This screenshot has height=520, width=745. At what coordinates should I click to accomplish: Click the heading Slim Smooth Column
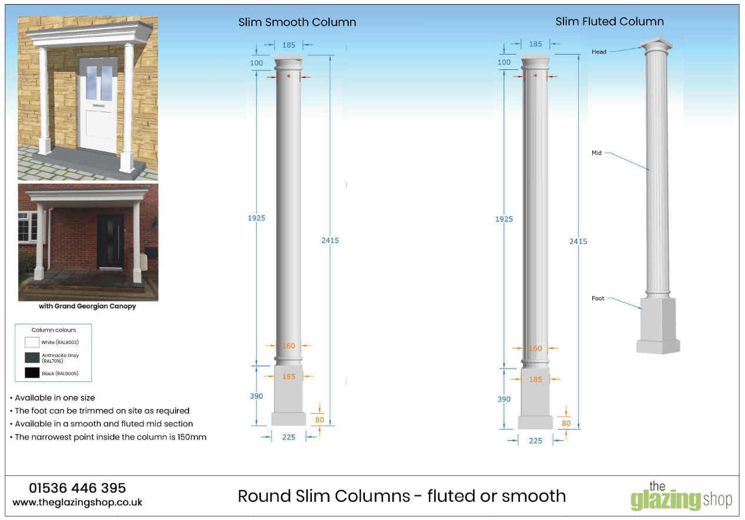tap(297, 23)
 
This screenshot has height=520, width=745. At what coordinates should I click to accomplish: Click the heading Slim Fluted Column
tap(609, 22)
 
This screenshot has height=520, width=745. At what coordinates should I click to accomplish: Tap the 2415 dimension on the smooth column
tap(330, 240)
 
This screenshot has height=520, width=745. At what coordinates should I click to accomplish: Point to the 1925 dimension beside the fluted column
tap(504, 219)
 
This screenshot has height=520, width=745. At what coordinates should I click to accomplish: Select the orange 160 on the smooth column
tap(288, 346)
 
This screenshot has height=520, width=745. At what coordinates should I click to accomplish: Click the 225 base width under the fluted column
tap(535, 440)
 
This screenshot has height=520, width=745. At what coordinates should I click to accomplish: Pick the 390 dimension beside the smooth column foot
tap(256, 396)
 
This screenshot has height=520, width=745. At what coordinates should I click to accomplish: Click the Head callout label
tap(599, 52)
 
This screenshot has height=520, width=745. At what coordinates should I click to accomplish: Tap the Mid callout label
tap(596, 153)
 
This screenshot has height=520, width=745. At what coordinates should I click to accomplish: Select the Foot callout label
tap(598, 299)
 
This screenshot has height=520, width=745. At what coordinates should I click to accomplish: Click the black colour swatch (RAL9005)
tap(32, 373)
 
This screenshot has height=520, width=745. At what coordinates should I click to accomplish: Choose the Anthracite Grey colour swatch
tap(32, 357)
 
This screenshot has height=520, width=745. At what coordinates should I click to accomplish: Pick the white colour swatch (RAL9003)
tap(32, 342)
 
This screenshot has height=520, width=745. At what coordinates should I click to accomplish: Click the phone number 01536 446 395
tap(77, 488)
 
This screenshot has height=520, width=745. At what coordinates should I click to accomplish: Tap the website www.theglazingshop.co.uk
tap(77, 502)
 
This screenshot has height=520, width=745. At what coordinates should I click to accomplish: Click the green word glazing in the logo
tap(666, 501)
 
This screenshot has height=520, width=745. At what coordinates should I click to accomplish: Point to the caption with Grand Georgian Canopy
tap(87, 306)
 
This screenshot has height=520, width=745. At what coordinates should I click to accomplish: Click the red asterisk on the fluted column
tap(535, 76)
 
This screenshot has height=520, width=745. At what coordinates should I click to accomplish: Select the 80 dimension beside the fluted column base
tap(566, 423)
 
